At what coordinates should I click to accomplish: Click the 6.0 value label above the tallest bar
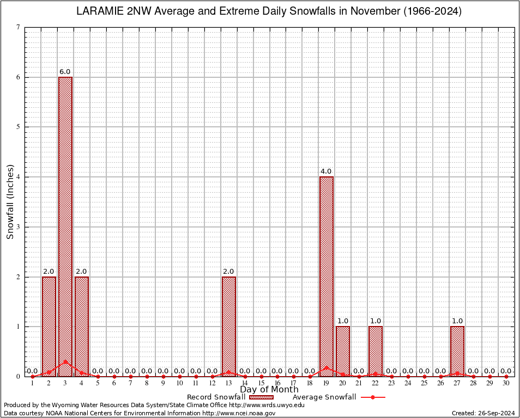click(65, 72)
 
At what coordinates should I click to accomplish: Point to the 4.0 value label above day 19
click(326, 171)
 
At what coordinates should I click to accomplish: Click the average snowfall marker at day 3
click(65, 361)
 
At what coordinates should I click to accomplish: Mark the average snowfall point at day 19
click(326, 367)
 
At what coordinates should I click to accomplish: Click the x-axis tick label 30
click(506, 383)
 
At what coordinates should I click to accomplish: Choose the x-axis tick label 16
click(277, 383)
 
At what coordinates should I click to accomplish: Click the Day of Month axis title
click(269, 390)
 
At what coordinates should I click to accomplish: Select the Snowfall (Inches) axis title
click(10, 201)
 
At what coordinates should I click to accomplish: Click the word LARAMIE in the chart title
click(99, 11)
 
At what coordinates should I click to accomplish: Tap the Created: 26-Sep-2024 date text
click(483, 414)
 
